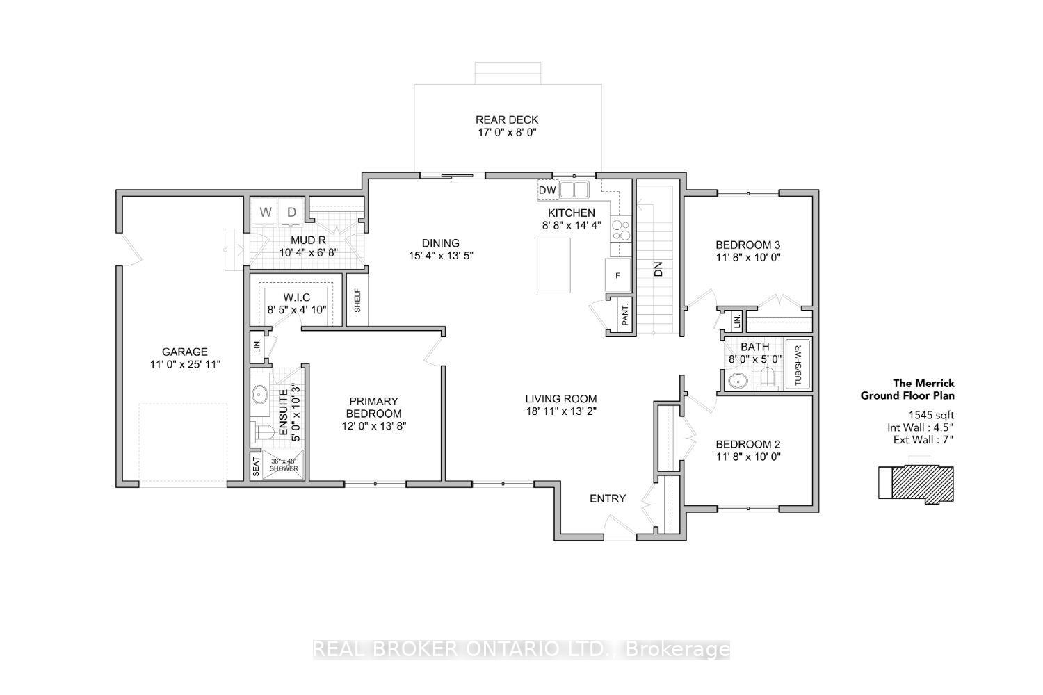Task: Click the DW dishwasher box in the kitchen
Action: click(548, 190)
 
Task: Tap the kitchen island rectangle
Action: click(553, 265)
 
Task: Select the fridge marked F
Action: click(618, 275)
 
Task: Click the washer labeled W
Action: click(266, 212)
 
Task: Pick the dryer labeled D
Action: click(292, 212)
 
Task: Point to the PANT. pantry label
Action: click(625, 315)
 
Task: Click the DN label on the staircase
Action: click(658, 269)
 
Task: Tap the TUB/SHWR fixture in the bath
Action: click(798, 364)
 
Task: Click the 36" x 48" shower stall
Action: click(283, 464)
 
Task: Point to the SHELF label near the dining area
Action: click(357, 301)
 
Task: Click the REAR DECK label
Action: click(507, 120)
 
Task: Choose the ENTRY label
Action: click(608, 498)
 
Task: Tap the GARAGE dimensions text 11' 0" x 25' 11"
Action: click(185, 364)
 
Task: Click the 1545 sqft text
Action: click(931, 415)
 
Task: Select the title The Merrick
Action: click(923, 383)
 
